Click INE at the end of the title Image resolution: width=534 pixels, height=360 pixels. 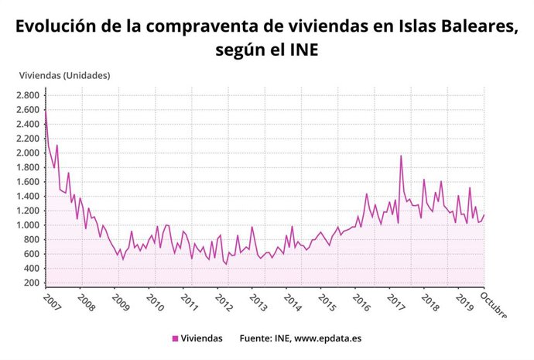[303, 50]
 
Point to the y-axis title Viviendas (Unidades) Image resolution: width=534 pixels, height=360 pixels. [64, 75]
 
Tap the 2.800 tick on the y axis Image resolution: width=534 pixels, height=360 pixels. [27, 95]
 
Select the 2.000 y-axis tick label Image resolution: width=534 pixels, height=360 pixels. [27, 153]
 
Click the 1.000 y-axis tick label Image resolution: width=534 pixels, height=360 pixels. [27, 225]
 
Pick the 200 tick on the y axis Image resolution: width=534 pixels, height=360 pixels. [31, 283]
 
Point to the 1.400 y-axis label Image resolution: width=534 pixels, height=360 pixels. [27, 197]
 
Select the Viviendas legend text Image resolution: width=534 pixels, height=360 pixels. [202, 338]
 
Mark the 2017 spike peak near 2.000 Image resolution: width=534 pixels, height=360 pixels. [401, 156]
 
